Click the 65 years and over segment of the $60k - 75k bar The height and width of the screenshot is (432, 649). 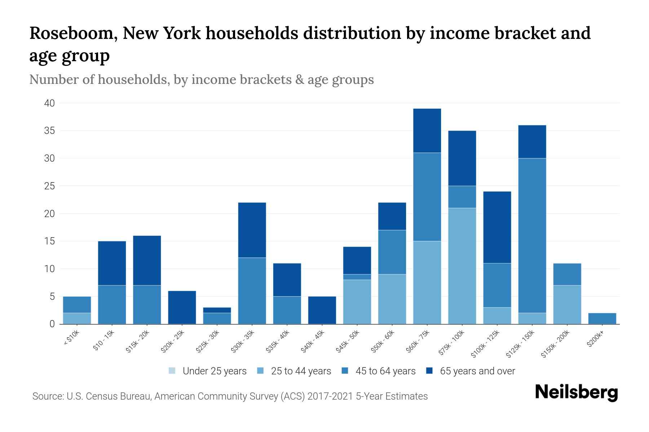coord(427,131)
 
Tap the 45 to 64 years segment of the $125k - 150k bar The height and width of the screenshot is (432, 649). coord(532,235)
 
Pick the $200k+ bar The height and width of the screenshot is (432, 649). coord(602,319)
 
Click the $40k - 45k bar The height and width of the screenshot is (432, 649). coord(322,310)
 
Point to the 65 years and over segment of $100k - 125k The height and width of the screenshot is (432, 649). coord(497,227)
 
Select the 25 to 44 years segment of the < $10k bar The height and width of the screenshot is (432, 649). coord(77,319)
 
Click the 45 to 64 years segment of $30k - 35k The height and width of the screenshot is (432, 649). coord(252,291)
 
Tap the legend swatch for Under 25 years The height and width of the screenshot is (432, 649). coord(172,371)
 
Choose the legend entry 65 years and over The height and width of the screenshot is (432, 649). coord(477,371)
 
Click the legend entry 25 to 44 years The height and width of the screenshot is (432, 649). coord(301,371)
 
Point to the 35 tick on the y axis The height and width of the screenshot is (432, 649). coord(49,131)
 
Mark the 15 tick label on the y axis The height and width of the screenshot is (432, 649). coord(49,241)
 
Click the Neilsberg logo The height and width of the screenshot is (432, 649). coord(576,392)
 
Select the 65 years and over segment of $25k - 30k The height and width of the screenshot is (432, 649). coord(217,310)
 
